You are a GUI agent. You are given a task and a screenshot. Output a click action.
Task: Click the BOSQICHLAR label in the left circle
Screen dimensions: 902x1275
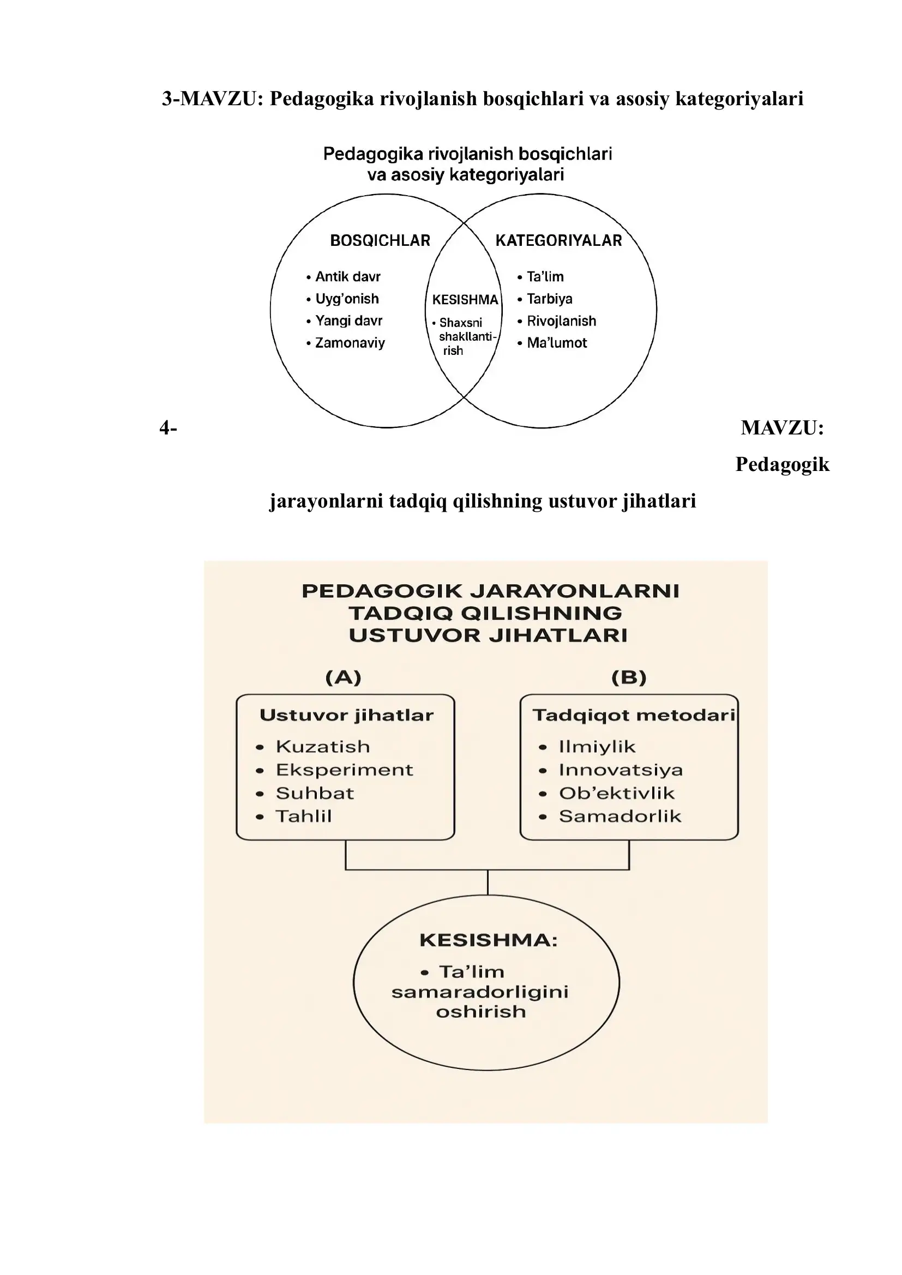point(380,240)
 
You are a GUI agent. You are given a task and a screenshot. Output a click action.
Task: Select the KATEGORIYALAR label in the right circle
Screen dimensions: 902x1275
point(558,240)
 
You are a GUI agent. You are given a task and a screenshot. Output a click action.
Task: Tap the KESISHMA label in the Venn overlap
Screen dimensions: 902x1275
point(465,300)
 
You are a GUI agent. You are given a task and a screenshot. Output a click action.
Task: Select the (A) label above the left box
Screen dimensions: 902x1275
point(343,678)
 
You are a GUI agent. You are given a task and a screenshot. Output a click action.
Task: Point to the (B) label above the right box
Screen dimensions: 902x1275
point(629,678)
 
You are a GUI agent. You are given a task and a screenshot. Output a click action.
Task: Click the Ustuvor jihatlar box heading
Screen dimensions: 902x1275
point(347,715)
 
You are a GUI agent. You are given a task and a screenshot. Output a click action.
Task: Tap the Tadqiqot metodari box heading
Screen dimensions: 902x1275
point(634,715)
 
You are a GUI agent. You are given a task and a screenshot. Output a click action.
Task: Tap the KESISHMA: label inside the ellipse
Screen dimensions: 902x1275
point(488,941)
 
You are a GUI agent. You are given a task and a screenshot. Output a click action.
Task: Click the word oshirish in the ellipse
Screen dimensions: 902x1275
point(481,1012)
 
